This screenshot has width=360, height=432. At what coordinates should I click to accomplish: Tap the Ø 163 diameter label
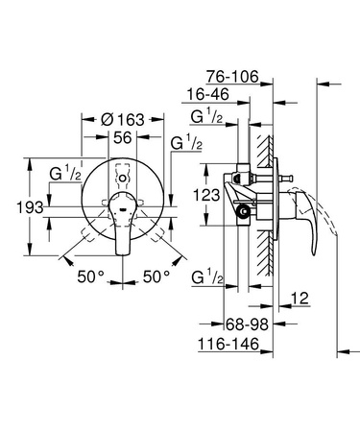tap(123, 119)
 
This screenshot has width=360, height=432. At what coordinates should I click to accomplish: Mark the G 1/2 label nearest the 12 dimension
tap(208, 277)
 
